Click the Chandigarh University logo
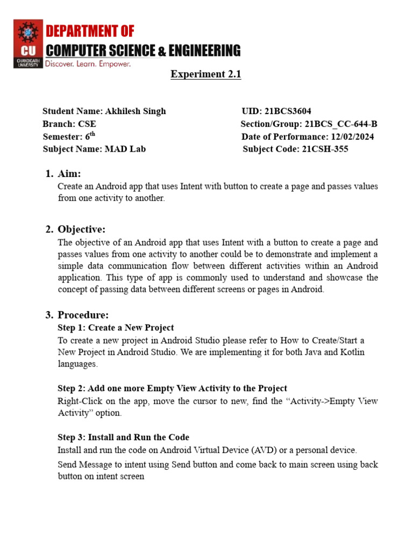pos(27,44)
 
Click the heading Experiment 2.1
pos(206,74)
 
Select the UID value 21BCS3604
pos(288,111)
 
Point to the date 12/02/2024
pos(352,137)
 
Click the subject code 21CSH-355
pos(323,149)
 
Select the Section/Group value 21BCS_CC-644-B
pos(341,124)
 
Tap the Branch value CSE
pos(87,124)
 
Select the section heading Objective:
pos(82,230)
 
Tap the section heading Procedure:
pos(83,315)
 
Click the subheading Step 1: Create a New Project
pos(116,328)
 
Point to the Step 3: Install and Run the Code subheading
pos(123,437)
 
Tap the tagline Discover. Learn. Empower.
pos(88,64)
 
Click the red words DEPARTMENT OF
pos(90,31)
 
